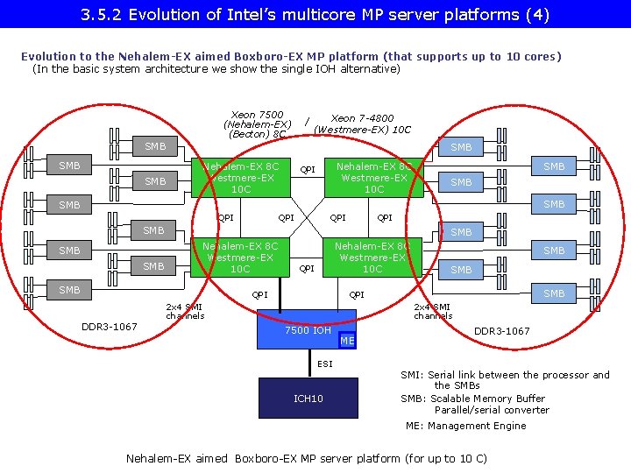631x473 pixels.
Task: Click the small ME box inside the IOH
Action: pyautogui.click(x=348, y=341)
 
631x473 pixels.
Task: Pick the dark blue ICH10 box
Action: pyautogui.click(x=308, y=399)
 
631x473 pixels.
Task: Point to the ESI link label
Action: pyautogui.click(x=325, y=364)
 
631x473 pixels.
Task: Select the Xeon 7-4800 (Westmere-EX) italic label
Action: pyautogui.click(x=362, y=124)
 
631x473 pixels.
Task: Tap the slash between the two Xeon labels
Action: pyautogui.click(x=306, y=122)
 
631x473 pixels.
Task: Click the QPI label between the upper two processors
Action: pyautogui.click(x=308, y=170)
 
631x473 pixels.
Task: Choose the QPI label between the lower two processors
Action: pyautogui.click(x=307, y=269)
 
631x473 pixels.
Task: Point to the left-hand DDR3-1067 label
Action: pyautogui.click(x=109, y=327)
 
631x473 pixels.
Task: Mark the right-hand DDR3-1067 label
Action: pyautogui.click(x=501, y=331)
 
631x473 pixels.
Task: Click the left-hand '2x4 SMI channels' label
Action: pyautogui.click(x=185, y=311)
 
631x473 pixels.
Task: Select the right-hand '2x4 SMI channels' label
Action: pyautogui.click(x=433, y=311)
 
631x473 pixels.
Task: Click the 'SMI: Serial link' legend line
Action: pyautogui.click(x=505, y=375)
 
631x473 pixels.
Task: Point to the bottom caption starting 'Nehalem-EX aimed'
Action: pyautogui.click(x=306, y=458)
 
